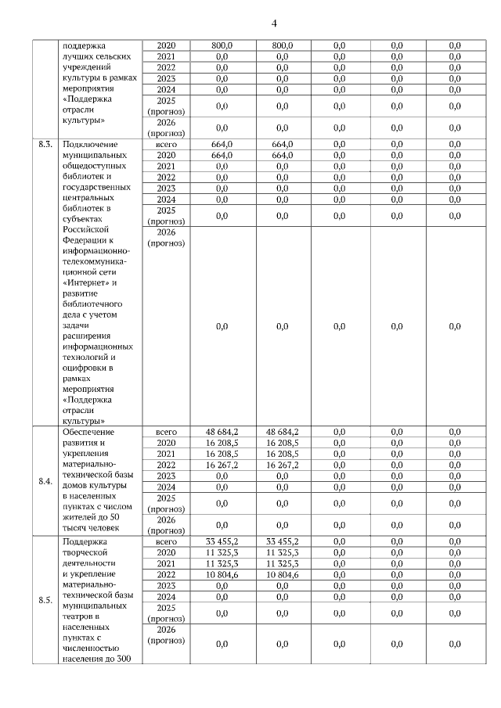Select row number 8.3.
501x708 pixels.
[45, 145]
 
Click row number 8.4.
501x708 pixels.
[45, 481]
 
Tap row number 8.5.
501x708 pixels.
[45, 601]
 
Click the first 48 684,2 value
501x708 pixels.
[222, 432]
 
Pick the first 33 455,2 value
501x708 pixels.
[222, 541]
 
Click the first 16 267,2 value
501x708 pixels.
[222, 465]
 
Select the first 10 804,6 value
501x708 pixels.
[222, 574]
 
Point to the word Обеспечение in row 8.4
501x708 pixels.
[88, 432]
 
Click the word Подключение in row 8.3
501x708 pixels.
[89, 145]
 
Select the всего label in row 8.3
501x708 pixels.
[166, 145]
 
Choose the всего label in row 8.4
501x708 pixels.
[166, 432]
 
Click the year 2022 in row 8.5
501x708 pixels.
[166, 574]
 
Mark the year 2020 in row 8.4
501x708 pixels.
[166, 443]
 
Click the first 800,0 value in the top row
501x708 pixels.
[222, 46]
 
